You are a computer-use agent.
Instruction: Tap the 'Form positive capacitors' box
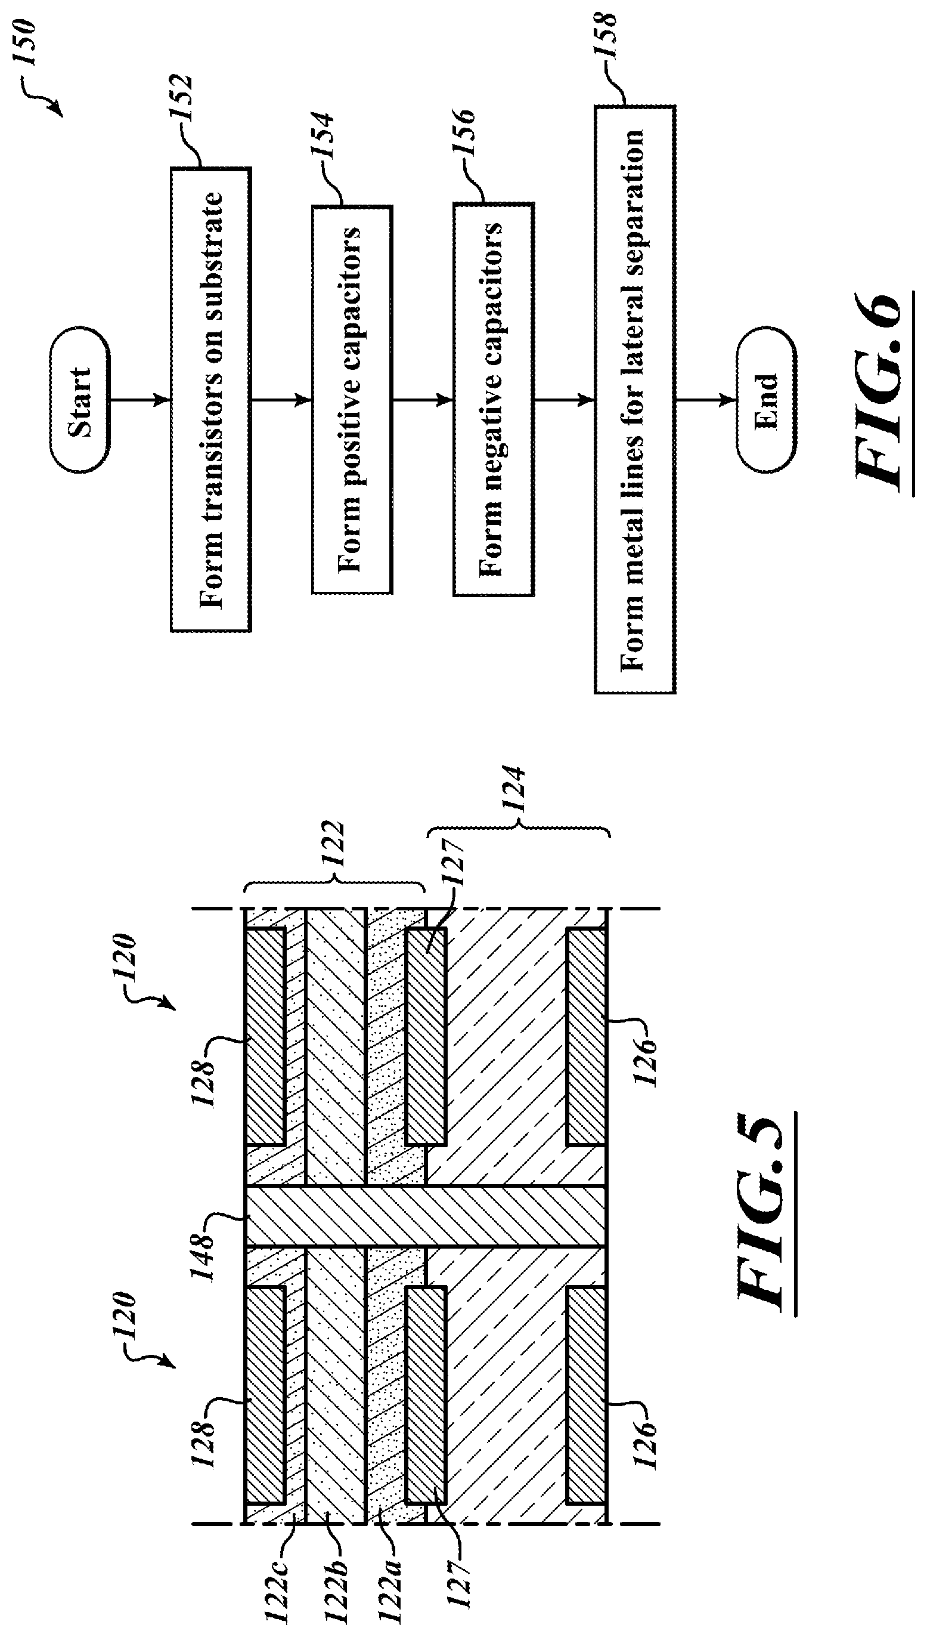(x=352, y=399)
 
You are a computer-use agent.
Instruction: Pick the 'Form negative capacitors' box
(x=493, y=399)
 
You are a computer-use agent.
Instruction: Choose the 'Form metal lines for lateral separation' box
(x=634, y=399)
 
